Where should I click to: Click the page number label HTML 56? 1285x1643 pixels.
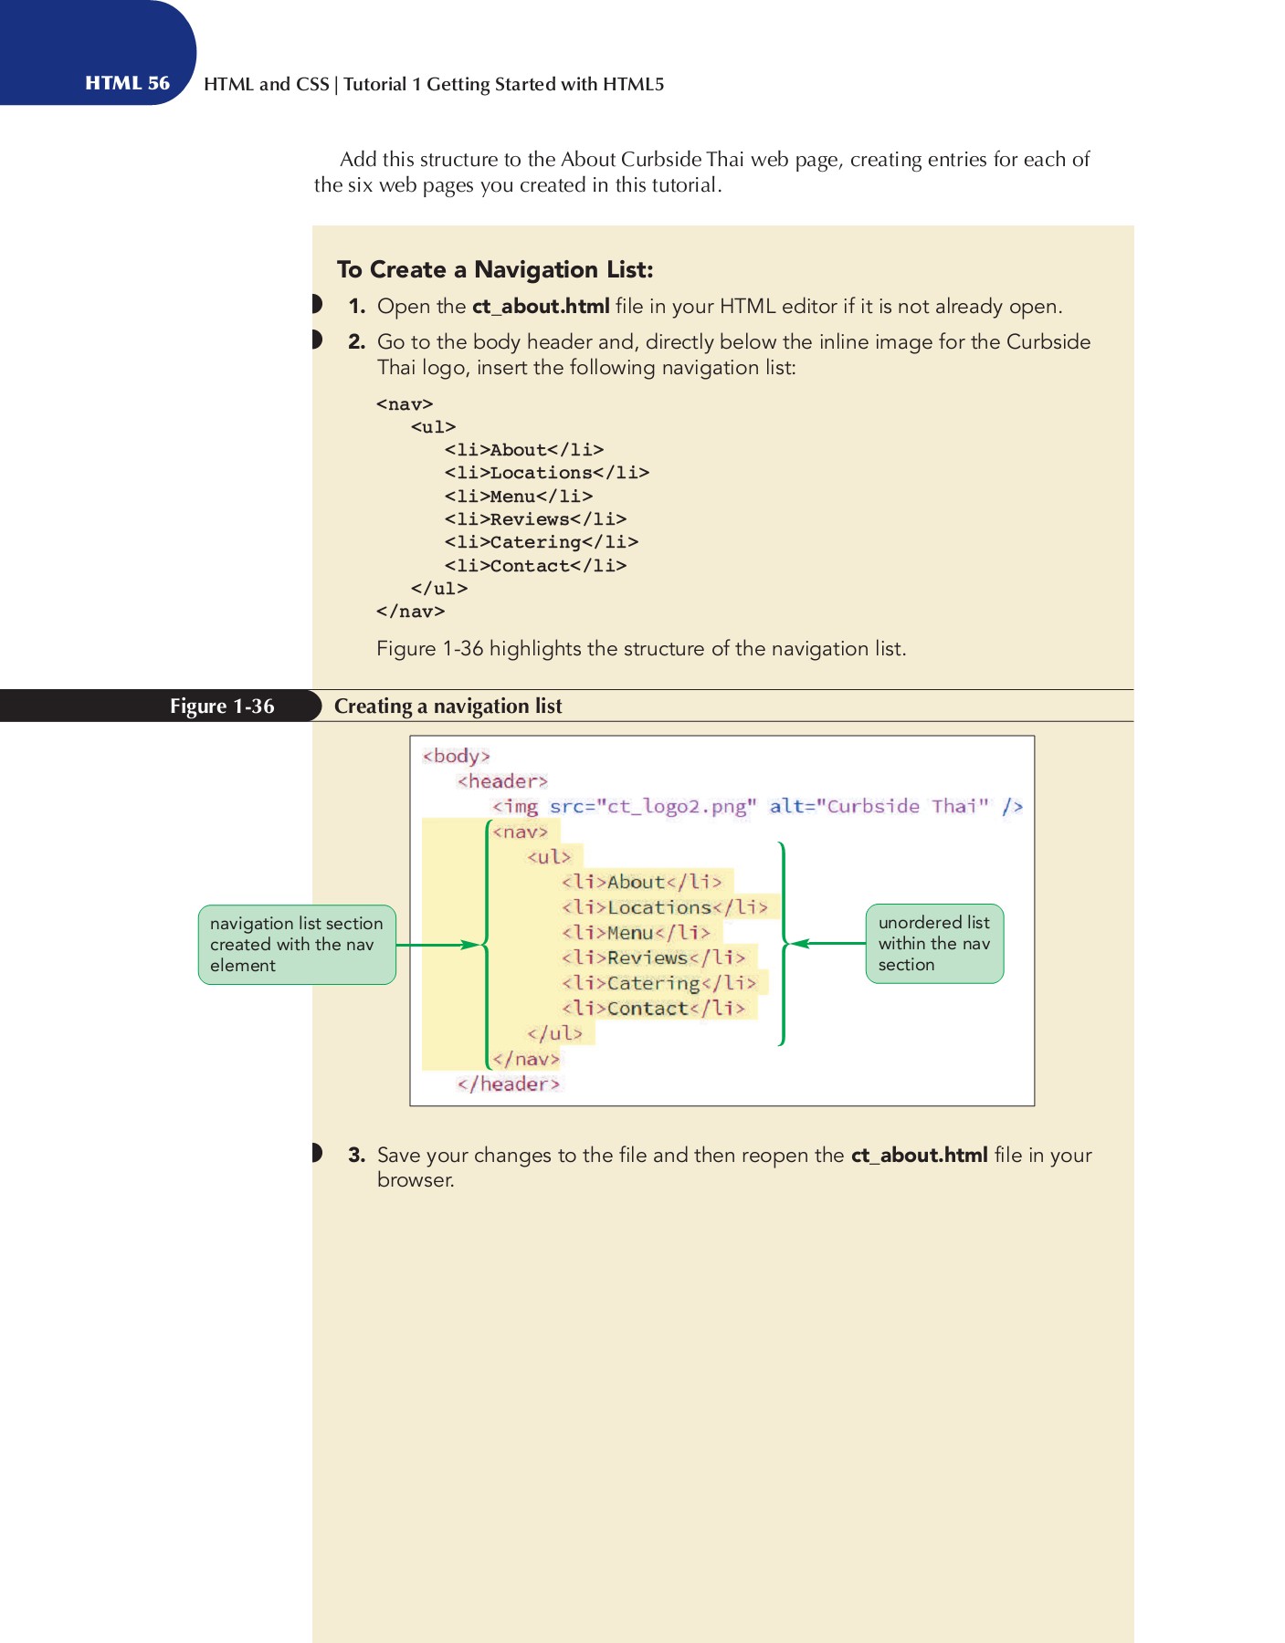pos(127,83)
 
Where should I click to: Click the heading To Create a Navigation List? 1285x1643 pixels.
pos(495,269)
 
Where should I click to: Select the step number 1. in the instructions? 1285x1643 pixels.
pos(356,307)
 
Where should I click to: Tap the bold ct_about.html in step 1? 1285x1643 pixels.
pos(541,307)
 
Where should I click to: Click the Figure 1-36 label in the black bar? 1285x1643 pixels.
pos(222,706)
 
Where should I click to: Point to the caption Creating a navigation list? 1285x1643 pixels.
pos(448,706)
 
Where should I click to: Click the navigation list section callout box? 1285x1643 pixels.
pos(297,945)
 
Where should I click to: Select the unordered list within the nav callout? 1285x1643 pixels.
pos(933,944)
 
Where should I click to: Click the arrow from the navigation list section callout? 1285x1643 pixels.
pos(437,945)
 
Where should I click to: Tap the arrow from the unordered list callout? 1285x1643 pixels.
pos(827,943)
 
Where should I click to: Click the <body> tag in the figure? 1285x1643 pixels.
pos(456,756)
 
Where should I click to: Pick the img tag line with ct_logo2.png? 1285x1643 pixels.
pos(756,806)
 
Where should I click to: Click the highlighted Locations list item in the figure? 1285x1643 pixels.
pos(664,907)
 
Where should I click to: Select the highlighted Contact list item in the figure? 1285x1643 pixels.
pos(653,1009)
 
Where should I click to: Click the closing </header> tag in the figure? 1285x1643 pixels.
pos(508,1083)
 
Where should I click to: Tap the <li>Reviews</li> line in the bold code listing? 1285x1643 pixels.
pos(535,519)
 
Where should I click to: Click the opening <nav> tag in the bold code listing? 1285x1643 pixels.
pos(405,403)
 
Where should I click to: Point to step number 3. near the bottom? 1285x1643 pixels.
pos(356,1155)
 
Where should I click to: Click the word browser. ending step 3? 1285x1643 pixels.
pos(416,1180)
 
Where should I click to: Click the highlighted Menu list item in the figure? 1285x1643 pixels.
pos(636,933)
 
